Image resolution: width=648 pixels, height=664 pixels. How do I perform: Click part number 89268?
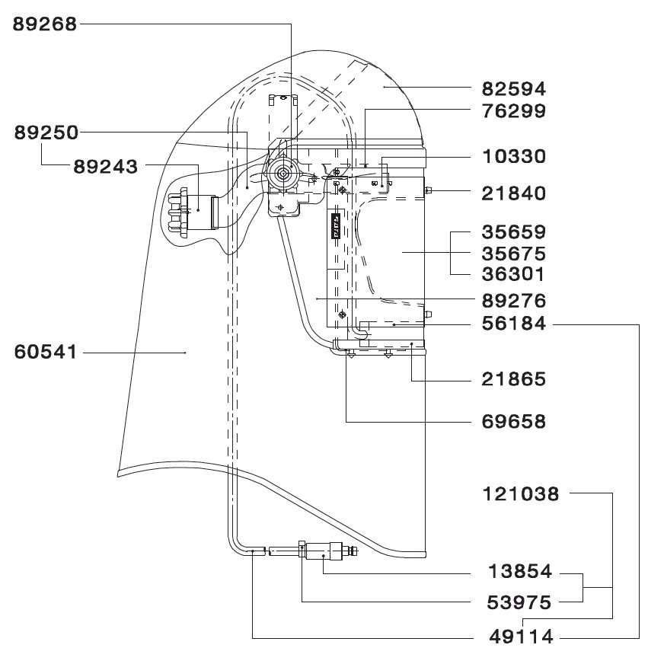point(45,24)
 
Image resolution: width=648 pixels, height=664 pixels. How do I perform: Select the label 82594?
point(514,89)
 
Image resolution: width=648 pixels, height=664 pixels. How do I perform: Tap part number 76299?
point(514,111)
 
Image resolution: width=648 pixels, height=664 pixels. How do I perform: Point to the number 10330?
point(514,157)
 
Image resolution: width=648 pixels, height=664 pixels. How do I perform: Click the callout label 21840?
point(514,193)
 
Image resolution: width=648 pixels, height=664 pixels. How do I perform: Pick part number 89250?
point(46,132)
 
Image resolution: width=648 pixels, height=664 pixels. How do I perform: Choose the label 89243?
point(105,167)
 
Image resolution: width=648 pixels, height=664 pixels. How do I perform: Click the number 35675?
point(514,254)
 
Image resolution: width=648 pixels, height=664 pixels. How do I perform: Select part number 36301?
point(513,274)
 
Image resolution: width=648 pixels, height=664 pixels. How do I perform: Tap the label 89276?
point(514,301)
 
